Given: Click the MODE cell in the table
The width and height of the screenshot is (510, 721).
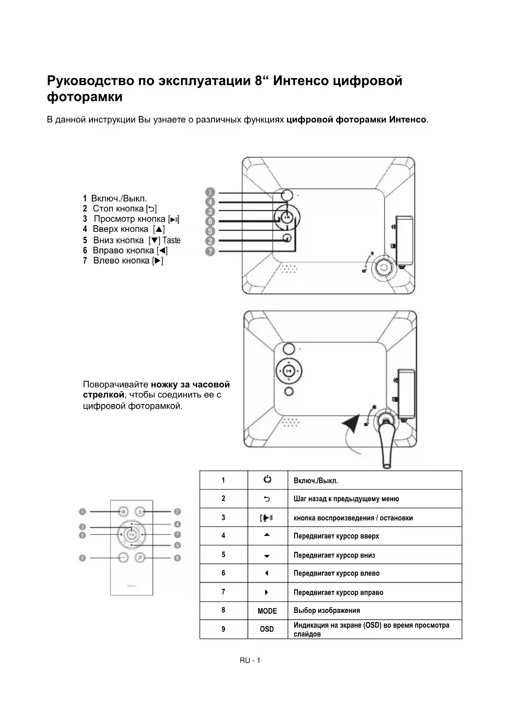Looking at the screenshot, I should [x=267, y=611].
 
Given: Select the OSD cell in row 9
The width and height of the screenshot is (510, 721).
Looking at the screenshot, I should [x=267, y=629].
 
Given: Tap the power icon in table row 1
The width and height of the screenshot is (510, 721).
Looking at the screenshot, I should [x=267, y=479].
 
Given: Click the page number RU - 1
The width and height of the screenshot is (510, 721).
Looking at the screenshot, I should [x=250, y=660].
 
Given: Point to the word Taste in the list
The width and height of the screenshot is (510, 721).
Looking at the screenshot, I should [x=171, y=240].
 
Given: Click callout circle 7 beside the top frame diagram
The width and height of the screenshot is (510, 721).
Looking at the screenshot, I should [x=210, y=251].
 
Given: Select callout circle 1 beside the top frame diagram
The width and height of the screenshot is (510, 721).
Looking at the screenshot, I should [x=210, y=192].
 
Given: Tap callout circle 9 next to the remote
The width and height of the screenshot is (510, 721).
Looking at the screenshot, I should [x=177, y=558].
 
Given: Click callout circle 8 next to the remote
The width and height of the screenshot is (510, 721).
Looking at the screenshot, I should [x=83, y=558].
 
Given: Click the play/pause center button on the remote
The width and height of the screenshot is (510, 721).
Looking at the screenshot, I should [x=132, y=534].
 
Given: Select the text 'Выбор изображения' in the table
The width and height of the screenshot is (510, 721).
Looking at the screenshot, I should [x=327, y=610].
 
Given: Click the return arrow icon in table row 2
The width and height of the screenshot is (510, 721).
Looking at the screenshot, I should [x=267, y=499].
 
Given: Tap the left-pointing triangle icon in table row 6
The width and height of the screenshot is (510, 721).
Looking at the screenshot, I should [x=267, y=573].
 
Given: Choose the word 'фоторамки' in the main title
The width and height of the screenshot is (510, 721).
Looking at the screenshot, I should [x=85, y=97].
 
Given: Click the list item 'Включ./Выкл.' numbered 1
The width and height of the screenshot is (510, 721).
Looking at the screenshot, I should [x=119, y=199].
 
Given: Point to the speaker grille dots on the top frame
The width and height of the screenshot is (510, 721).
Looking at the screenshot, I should [x=290, y=268].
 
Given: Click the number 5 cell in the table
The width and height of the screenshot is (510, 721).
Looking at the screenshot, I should [x=224, y=555].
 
